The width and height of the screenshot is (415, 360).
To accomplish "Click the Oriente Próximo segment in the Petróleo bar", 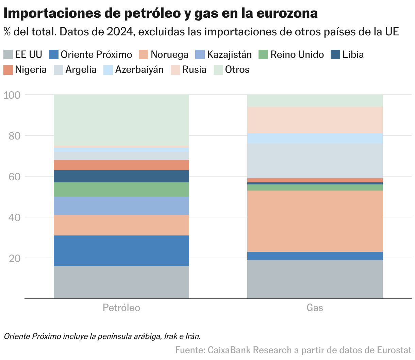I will coord(121,250).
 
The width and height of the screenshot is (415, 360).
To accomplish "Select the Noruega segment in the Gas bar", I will coord(315,221).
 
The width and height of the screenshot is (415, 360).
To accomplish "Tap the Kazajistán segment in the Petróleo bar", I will coord(121,206).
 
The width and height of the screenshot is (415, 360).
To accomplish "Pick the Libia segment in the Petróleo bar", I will coord(121,176).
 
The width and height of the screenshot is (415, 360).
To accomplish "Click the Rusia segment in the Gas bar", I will coord(315,120).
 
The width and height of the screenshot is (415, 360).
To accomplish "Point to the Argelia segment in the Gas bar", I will coord(315,161).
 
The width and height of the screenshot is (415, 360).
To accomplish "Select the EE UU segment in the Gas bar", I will coord(315,279).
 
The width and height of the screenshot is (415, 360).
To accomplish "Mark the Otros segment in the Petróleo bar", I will coord(121,120).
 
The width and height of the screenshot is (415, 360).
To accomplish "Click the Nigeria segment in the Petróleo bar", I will coord(121,165).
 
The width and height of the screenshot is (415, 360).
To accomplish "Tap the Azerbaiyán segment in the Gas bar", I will coord(315,138).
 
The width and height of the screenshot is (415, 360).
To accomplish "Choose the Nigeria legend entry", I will coord(31,70).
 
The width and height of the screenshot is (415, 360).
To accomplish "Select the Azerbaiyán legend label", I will coord(139,70).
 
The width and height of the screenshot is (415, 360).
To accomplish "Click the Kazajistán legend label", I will coord(229,55).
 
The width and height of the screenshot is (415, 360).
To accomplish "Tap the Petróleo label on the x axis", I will coord(121,308).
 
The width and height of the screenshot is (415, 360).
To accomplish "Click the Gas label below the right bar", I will coord(315,308).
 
